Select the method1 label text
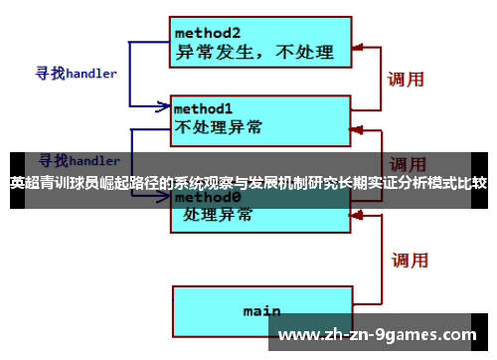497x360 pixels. [204, 107]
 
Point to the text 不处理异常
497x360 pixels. [220, 127]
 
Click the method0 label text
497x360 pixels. [204, 197]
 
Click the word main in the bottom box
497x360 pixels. [261, 310]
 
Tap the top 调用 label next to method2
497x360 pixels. [406, 79]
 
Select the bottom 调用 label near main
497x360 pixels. [410, 261]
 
